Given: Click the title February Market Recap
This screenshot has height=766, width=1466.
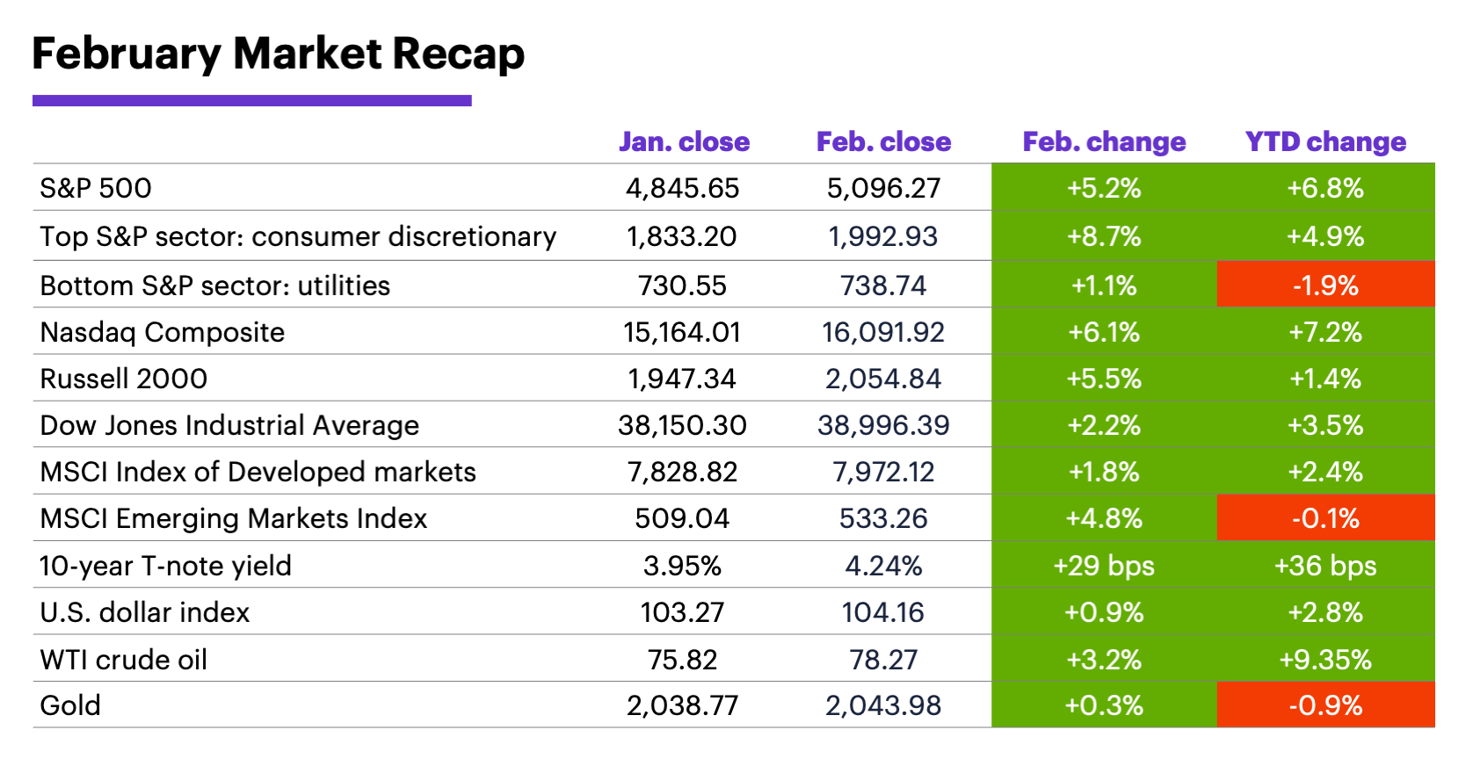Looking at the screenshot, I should (x=278, y=54).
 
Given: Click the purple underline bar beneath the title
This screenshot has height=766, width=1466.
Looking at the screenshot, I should (x=251, y=101).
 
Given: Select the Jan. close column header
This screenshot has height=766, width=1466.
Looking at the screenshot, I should (x=684, y=142).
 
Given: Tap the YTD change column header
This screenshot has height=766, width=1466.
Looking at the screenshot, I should (x=1325, y=142).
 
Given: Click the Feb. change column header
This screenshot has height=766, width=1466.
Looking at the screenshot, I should (x=1104, y=142).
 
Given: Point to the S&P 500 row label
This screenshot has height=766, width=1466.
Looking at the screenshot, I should (x=96, y=188).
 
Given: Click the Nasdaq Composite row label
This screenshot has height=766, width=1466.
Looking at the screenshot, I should (x=163, y=333).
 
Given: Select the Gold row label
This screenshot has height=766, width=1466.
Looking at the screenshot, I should (x=70, y=705).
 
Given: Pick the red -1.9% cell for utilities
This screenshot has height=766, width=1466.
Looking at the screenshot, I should (x=1325, y=285).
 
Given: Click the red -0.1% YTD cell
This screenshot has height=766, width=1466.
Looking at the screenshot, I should (x=1325, y=518).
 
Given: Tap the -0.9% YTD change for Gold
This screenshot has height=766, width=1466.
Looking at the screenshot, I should (x=1325, y=705).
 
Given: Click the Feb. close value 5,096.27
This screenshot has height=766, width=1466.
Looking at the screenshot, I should (x=883, y=188).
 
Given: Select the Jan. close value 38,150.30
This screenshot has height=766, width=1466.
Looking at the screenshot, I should (x=682, y=425).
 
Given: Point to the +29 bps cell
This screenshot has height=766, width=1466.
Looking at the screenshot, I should (x=1104, y=566).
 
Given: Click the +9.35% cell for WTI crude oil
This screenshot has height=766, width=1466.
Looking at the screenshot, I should (x=1325, y=660).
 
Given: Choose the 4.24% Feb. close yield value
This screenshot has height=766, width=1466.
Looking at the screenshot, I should (x=883, y=566).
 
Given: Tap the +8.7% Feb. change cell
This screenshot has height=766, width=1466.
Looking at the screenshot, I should (x=1104, y=236).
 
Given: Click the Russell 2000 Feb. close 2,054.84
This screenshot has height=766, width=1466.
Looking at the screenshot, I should (x=883, y=379).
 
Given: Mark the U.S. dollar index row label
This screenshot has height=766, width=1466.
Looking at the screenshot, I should (x=145, y=612).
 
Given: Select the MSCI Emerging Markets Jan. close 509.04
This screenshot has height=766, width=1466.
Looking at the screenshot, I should (x=682, y=518).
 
